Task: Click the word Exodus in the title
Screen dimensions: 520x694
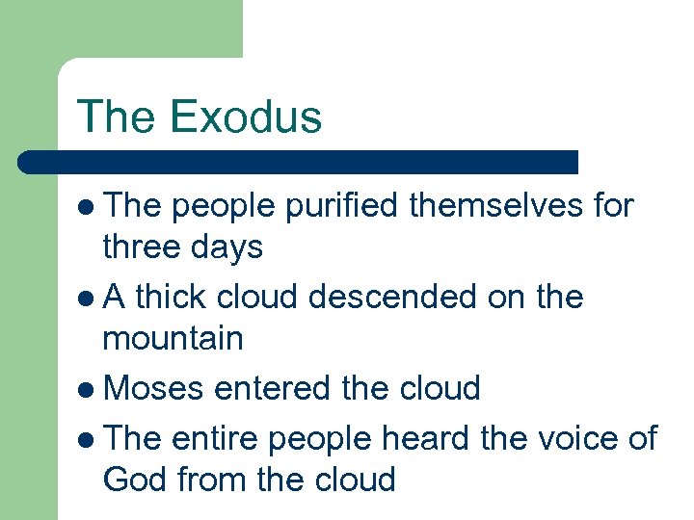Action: click(x=245, y=117)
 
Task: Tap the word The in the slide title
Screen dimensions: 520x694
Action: click(x=117, y=117)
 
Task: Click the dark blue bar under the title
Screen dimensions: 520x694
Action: click(x=299, y=162)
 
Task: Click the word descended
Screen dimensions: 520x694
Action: click(x=396, y=297)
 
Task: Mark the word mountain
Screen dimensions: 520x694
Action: click(x=173, y=339)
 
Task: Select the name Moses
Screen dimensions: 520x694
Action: click(x=154, y=389)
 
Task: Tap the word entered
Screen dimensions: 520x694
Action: click(x=274, y=389)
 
